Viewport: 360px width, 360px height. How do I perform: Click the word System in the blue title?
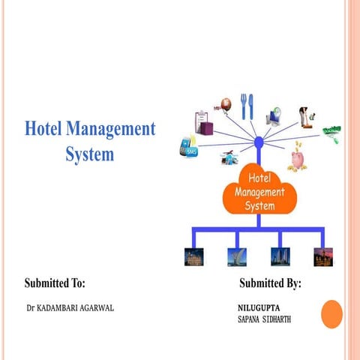coord(89,154)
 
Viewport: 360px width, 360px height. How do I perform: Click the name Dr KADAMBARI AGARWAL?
coord(70,308)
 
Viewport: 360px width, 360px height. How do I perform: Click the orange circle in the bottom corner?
coord(331,314)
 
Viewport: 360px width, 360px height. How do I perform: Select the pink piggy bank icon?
coord(298,159)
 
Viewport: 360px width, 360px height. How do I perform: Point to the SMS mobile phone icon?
coord(187,145)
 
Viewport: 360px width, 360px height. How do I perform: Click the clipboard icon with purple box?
coord(200,120)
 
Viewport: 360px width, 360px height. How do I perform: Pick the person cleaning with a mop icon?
coord(305,115)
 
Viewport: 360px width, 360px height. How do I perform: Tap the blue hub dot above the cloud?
coord(258,142)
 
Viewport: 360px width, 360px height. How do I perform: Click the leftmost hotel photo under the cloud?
coord(193,256)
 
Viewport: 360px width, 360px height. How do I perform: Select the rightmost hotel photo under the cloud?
coord(322,256)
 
